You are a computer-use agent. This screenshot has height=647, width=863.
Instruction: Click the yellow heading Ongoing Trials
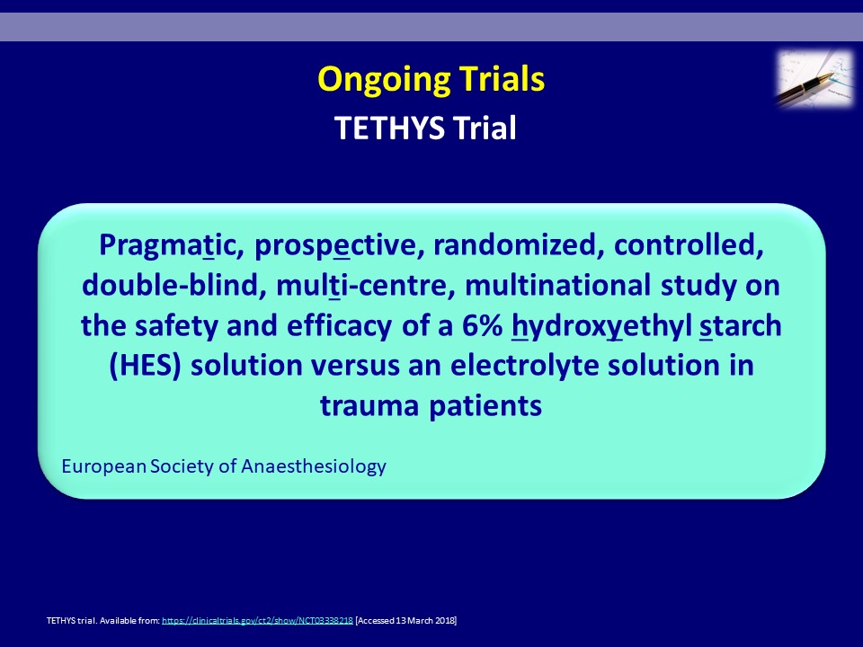431,80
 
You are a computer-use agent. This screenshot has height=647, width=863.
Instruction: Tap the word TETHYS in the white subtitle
389,129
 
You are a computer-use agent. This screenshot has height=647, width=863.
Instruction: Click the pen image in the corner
815,78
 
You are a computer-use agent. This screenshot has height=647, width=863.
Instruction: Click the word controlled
689,244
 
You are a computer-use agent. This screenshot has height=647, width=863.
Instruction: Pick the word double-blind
171,285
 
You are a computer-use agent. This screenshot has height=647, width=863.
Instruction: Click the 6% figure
482,325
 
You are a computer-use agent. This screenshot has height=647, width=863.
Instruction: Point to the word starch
740,325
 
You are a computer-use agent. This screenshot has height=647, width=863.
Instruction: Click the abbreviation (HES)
146,366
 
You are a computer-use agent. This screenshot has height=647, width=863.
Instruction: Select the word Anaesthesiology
314,466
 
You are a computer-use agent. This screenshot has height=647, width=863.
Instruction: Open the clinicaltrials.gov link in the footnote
258,621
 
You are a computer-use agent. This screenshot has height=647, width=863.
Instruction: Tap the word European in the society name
104,466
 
